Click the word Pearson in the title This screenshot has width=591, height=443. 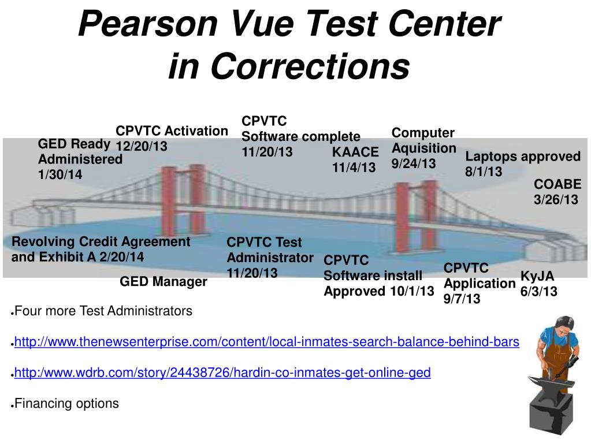(147, 24)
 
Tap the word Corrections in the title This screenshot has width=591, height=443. (309, 66)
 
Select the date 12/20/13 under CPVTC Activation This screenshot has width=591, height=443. (142, 147)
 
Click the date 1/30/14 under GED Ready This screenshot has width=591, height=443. (60, 174)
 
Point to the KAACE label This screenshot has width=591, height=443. (355, 152)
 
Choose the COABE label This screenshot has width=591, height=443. (557, 185)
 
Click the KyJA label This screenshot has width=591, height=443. (537, 276)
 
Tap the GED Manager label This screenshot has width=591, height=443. (163, 282)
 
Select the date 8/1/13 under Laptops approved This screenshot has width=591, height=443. (484, 172)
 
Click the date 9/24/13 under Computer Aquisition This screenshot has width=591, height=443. (414, 163)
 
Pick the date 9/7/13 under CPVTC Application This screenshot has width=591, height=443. (462, 299)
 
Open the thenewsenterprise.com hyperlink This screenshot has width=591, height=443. (266, 342)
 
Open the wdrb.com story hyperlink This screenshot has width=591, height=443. (222, 373)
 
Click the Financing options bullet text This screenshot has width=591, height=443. (66, 404)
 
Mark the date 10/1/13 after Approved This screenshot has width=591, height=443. (411, 291)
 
